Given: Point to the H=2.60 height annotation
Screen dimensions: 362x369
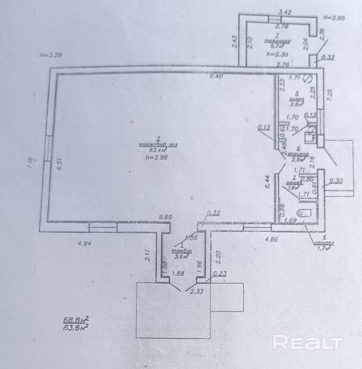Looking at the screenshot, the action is click(334, 19).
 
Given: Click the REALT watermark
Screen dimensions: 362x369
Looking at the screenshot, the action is click(307, 343).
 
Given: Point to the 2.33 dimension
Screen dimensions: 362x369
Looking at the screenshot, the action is click(197, 291).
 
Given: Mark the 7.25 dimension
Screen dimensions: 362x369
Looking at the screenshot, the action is click(329, 95).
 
